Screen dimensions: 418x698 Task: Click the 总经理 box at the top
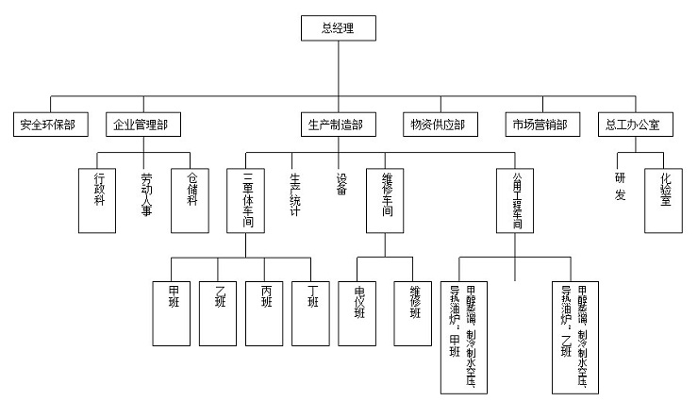coord(338,29)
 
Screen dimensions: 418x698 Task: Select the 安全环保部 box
coord(48,125)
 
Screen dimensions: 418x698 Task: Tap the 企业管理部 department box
coord(141,125)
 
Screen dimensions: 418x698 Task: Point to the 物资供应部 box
coord(439,125)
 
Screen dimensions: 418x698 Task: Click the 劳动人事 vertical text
coord(146,193)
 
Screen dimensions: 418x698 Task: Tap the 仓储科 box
coord(192,200)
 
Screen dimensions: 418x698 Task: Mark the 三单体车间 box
coord(247,200)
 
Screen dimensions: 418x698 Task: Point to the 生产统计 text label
coord(293,193)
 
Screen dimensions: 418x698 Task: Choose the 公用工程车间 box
coord(516,200)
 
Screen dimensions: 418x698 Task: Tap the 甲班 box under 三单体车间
coord(173,311)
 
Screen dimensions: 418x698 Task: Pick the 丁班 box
coord(312,311)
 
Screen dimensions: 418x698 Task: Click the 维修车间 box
coord(387,200)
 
